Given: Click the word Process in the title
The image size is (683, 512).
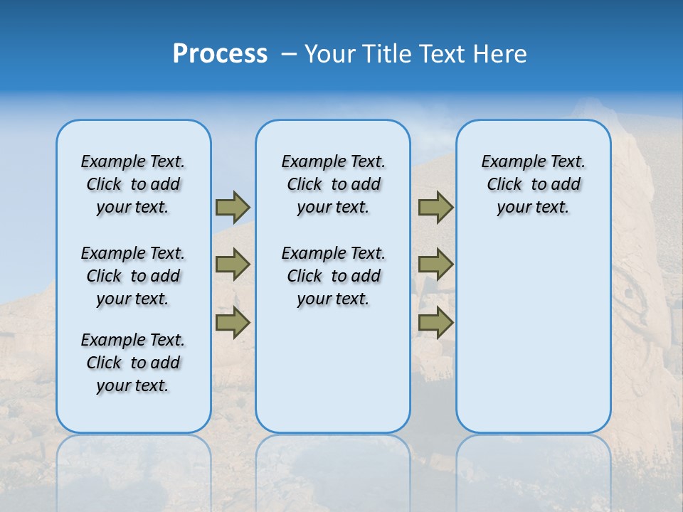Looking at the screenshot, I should (220, 54).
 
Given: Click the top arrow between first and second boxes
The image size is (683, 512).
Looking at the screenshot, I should (233, 207).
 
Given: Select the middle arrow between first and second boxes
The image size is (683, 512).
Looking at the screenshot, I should (233, 265).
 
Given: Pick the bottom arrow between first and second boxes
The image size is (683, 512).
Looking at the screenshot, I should (233, 323).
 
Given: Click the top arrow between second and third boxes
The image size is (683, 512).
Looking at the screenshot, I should (435, 207).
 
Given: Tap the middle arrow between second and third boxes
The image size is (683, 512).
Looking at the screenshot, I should (435, 265).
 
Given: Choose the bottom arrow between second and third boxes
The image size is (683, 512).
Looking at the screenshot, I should (435, 323).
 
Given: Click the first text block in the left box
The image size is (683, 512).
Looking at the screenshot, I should (133, 184).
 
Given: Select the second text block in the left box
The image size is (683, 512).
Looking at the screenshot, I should (133, 276).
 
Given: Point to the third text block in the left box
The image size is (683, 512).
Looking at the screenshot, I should (133, 363).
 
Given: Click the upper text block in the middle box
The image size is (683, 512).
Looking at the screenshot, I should (333, 184).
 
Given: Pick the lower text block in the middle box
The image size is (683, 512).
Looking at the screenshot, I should (333, 276).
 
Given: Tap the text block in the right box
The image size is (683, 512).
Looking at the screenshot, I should (533, 184).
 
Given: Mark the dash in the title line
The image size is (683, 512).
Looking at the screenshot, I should (289, 54).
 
